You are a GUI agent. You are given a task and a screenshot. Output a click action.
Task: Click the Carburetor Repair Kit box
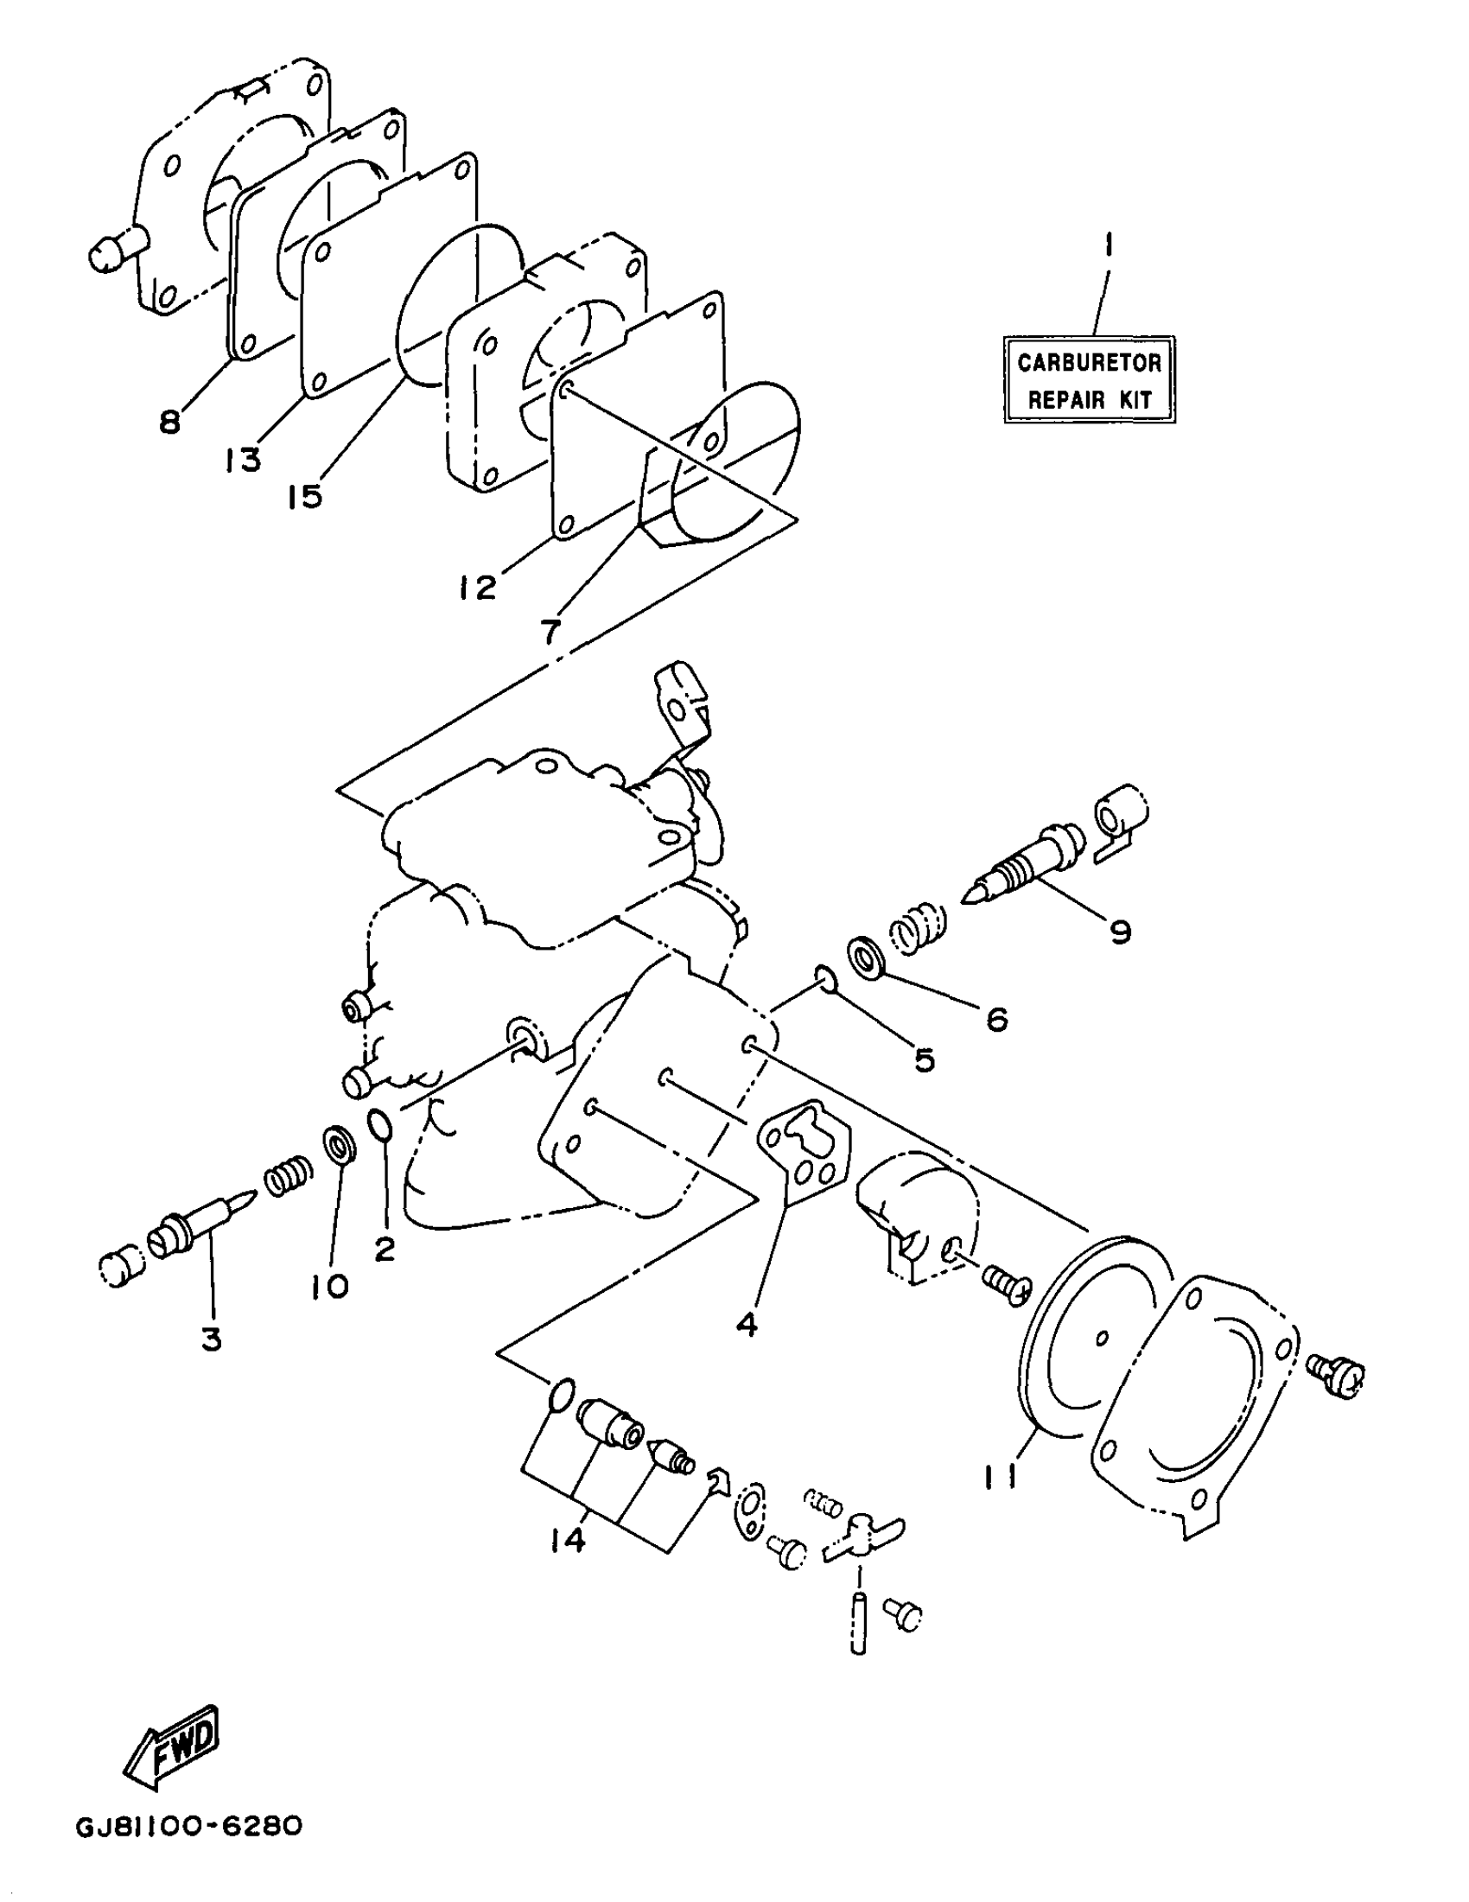tap(1090, 379)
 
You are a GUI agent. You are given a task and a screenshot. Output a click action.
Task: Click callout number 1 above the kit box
tap(1107, 247)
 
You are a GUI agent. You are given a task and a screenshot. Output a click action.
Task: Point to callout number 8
tap(170, 423)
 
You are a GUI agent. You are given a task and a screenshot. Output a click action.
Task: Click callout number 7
tap(550, 632)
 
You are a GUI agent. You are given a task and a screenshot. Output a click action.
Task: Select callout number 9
tap(1121, 932)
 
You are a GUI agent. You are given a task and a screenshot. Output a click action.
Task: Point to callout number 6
tap(997, 1018)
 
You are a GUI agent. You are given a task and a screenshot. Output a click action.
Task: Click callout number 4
tap(747, 1325)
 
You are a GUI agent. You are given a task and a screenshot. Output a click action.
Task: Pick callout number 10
tap(330, 1286)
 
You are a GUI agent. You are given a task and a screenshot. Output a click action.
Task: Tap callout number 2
tap(384, 1250)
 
